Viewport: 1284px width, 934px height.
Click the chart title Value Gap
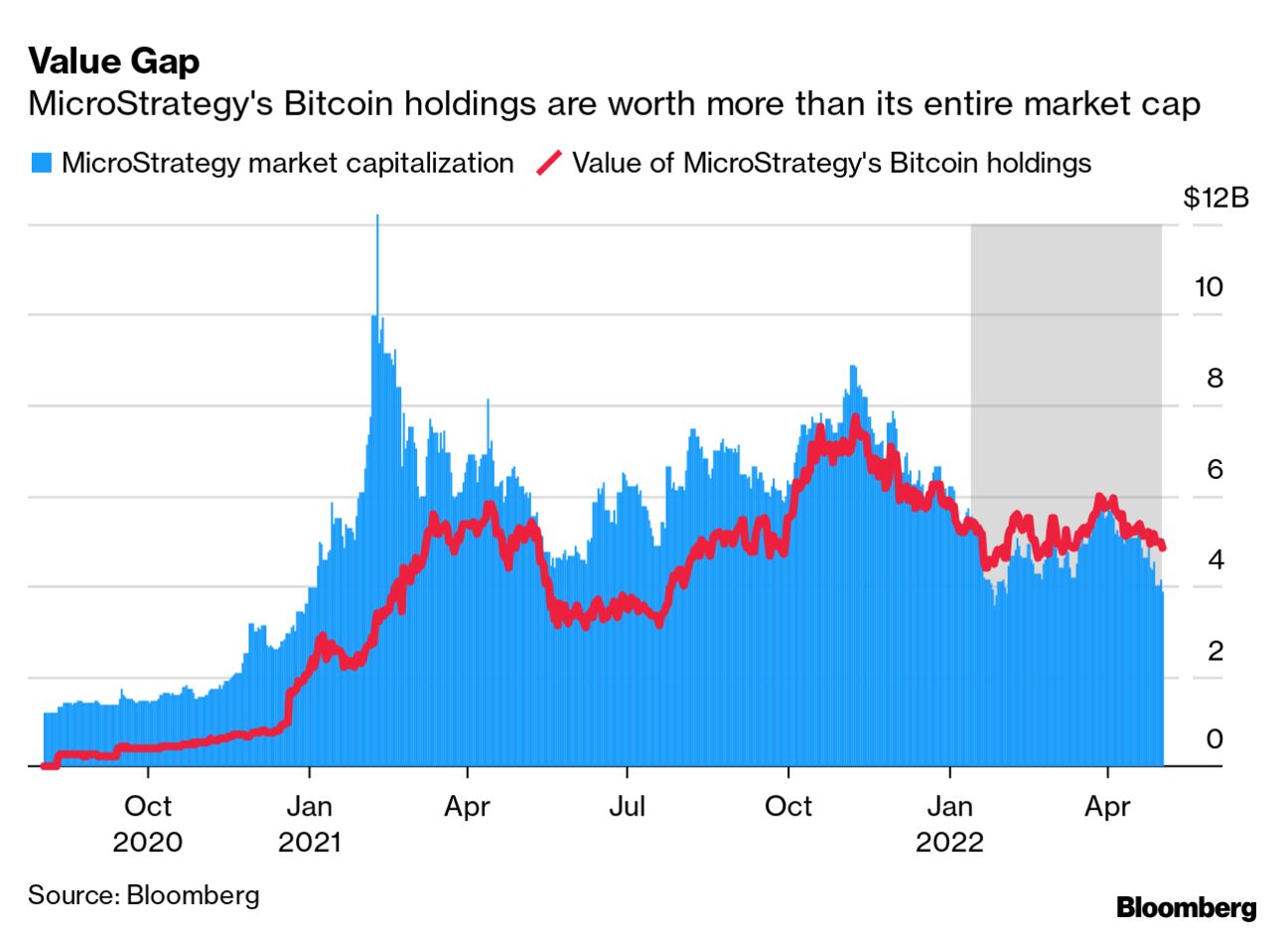click(113, 62)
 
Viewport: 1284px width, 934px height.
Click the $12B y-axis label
click(1215, 197)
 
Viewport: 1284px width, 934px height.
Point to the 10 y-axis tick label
click(1208, 287)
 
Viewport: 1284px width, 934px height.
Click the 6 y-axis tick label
click(1214, 469)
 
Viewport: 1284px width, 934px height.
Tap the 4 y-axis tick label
click(1214, 559)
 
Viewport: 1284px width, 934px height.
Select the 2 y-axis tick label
click(1214, 651)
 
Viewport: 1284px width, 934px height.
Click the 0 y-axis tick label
click(1214, 739)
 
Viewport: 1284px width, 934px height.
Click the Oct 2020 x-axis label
click(148, 824)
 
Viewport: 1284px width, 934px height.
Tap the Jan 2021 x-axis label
click(309, 824)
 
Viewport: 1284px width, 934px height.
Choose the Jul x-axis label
click(627, 806)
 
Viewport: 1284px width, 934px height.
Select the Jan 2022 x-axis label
click(950, 824)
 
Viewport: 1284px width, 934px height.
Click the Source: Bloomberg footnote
click(143, 895)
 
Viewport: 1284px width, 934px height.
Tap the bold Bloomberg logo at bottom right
click(1186, 907)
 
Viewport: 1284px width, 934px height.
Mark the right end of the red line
click(1162, 546)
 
